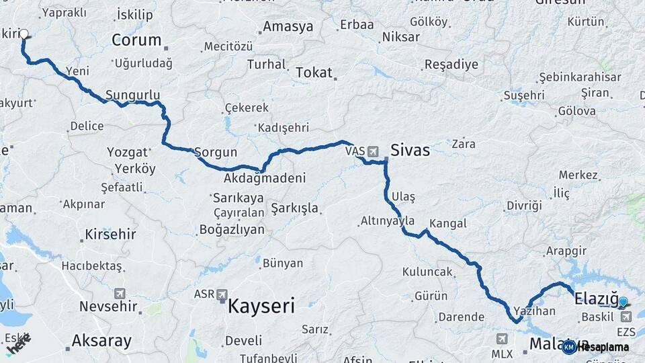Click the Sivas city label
point(410,150)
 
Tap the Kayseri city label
point(261,307)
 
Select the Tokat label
point(314,73)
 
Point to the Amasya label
point(288,27)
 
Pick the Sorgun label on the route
point(216,153)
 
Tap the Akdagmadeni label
point(265,178)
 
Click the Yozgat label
point(127,153)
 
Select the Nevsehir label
point(110,307)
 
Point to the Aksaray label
point(101,341)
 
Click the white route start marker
point(24,34)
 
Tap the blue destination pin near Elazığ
point(623,302)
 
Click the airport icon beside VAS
point(373,151)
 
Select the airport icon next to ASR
point(222,294)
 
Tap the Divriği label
point(524,206)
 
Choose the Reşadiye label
point(451,65)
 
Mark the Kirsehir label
point(110,235)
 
